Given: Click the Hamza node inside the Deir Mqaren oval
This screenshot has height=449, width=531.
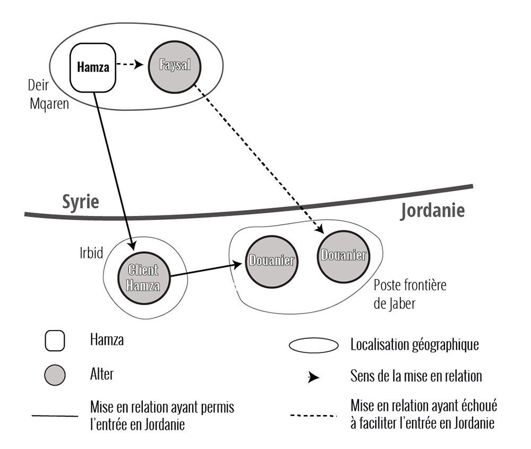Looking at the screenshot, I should (x=93, y=67).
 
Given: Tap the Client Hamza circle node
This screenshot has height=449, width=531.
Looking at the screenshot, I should (x=143, y=277).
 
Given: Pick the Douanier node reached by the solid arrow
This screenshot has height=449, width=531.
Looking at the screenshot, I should (x=270, y=260).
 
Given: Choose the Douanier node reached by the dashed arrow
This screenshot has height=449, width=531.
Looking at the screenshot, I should (x=343, y=256).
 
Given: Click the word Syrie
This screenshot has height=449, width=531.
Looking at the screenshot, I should (x=81, y=202).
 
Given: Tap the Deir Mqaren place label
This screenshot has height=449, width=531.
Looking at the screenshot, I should (x=49, y=94).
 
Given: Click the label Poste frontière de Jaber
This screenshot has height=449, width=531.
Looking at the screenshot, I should (x=410, y=295).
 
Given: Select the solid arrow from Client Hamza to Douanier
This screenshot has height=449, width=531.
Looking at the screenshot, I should (x=204, y=269).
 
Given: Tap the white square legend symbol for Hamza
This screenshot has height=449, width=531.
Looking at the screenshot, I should (x=55, y=341).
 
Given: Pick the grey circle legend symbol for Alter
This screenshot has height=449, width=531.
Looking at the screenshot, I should (x=55, y=375).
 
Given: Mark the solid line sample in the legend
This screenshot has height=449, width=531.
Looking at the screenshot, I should (x=55, y=416).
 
